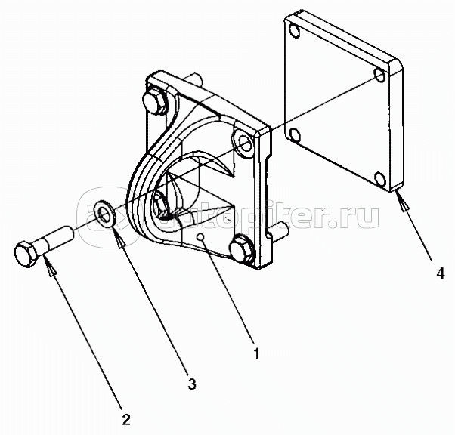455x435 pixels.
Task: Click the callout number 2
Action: [126, 418]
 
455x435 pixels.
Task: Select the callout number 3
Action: [192, 384]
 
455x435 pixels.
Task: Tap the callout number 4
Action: [440, 273]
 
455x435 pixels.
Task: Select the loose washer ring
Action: [106, 212]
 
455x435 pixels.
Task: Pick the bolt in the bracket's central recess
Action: [162, 202]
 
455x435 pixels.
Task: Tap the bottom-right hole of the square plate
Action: [380, 180]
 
